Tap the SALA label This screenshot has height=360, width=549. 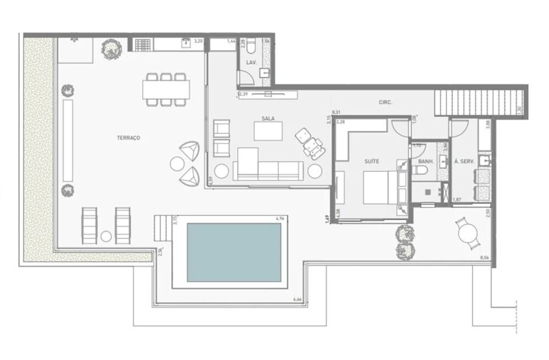[267, 118]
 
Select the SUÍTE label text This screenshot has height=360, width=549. [372, 161]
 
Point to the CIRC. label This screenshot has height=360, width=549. [385, 102]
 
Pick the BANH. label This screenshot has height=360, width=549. [426, 162]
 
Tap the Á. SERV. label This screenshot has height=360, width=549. [464, 162]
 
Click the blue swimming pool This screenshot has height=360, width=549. [234, 253]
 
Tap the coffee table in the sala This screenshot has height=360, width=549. [268, 131]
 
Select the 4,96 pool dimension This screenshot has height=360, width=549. [281, 219]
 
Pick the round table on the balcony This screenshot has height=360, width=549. [468, 234]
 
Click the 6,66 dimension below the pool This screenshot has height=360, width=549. [298, 299]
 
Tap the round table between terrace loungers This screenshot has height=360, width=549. [107, 237]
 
